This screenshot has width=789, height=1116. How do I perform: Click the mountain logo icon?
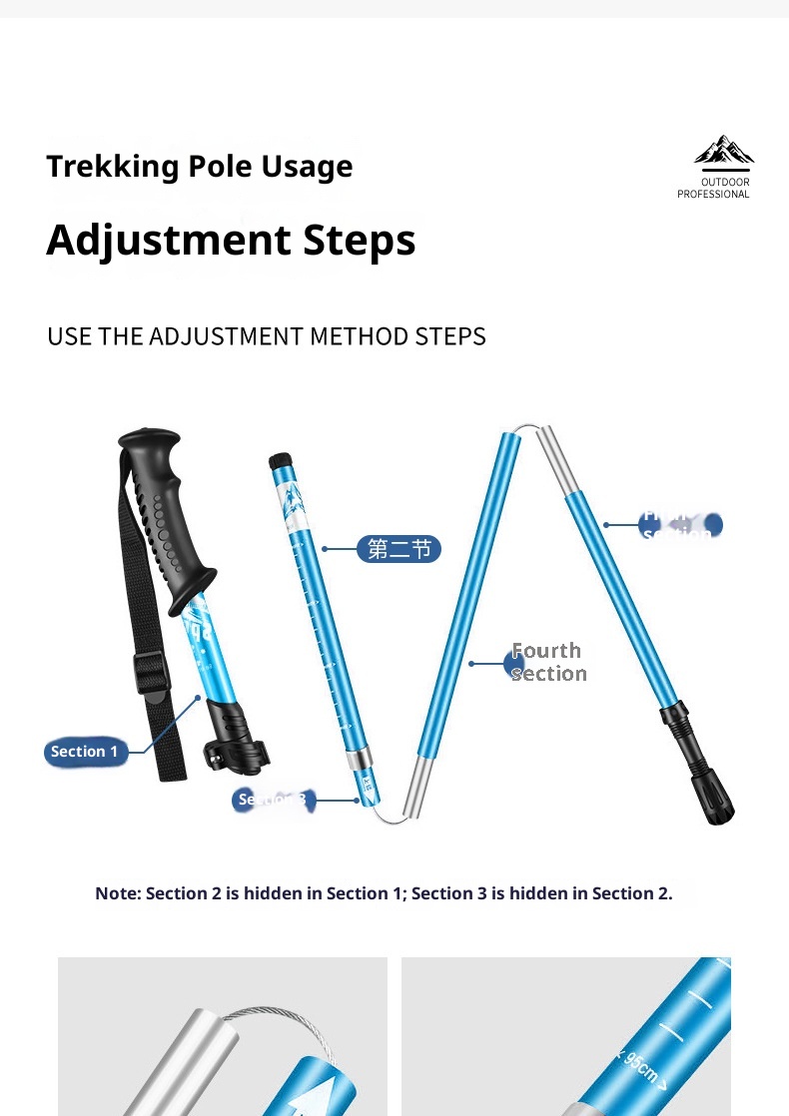[724, 151]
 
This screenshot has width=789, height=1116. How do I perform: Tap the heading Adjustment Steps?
[231, 241]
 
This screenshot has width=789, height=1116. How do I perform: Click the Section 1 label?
[86, 752]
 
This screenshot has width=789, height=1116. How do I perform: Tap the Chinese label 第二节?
[398, 549]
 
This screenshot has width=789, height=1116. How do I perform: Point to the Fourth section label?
[547, 662]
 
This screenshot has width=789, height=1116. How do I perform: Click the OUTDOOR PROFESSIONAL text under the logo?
[713, 189]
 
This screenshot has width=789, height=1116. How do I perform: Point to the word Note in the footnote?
[117, 893]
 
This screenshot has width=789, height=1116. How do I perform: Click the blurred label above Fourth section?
[680, 525]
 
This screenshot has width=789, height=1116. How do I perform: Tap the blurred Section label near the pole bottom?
[275, 800]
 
